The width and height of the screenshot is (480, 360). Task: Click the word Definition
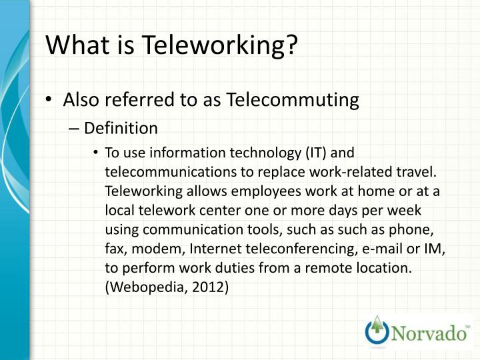pyautogui.click(x=121, y=128)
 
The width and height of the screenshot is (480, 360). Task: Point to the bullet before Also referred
pyautogui.click(x=51, y=101)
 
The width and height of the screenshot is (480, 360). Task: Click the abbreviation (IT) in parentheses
pyautogui.click(x=318, y=153)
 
